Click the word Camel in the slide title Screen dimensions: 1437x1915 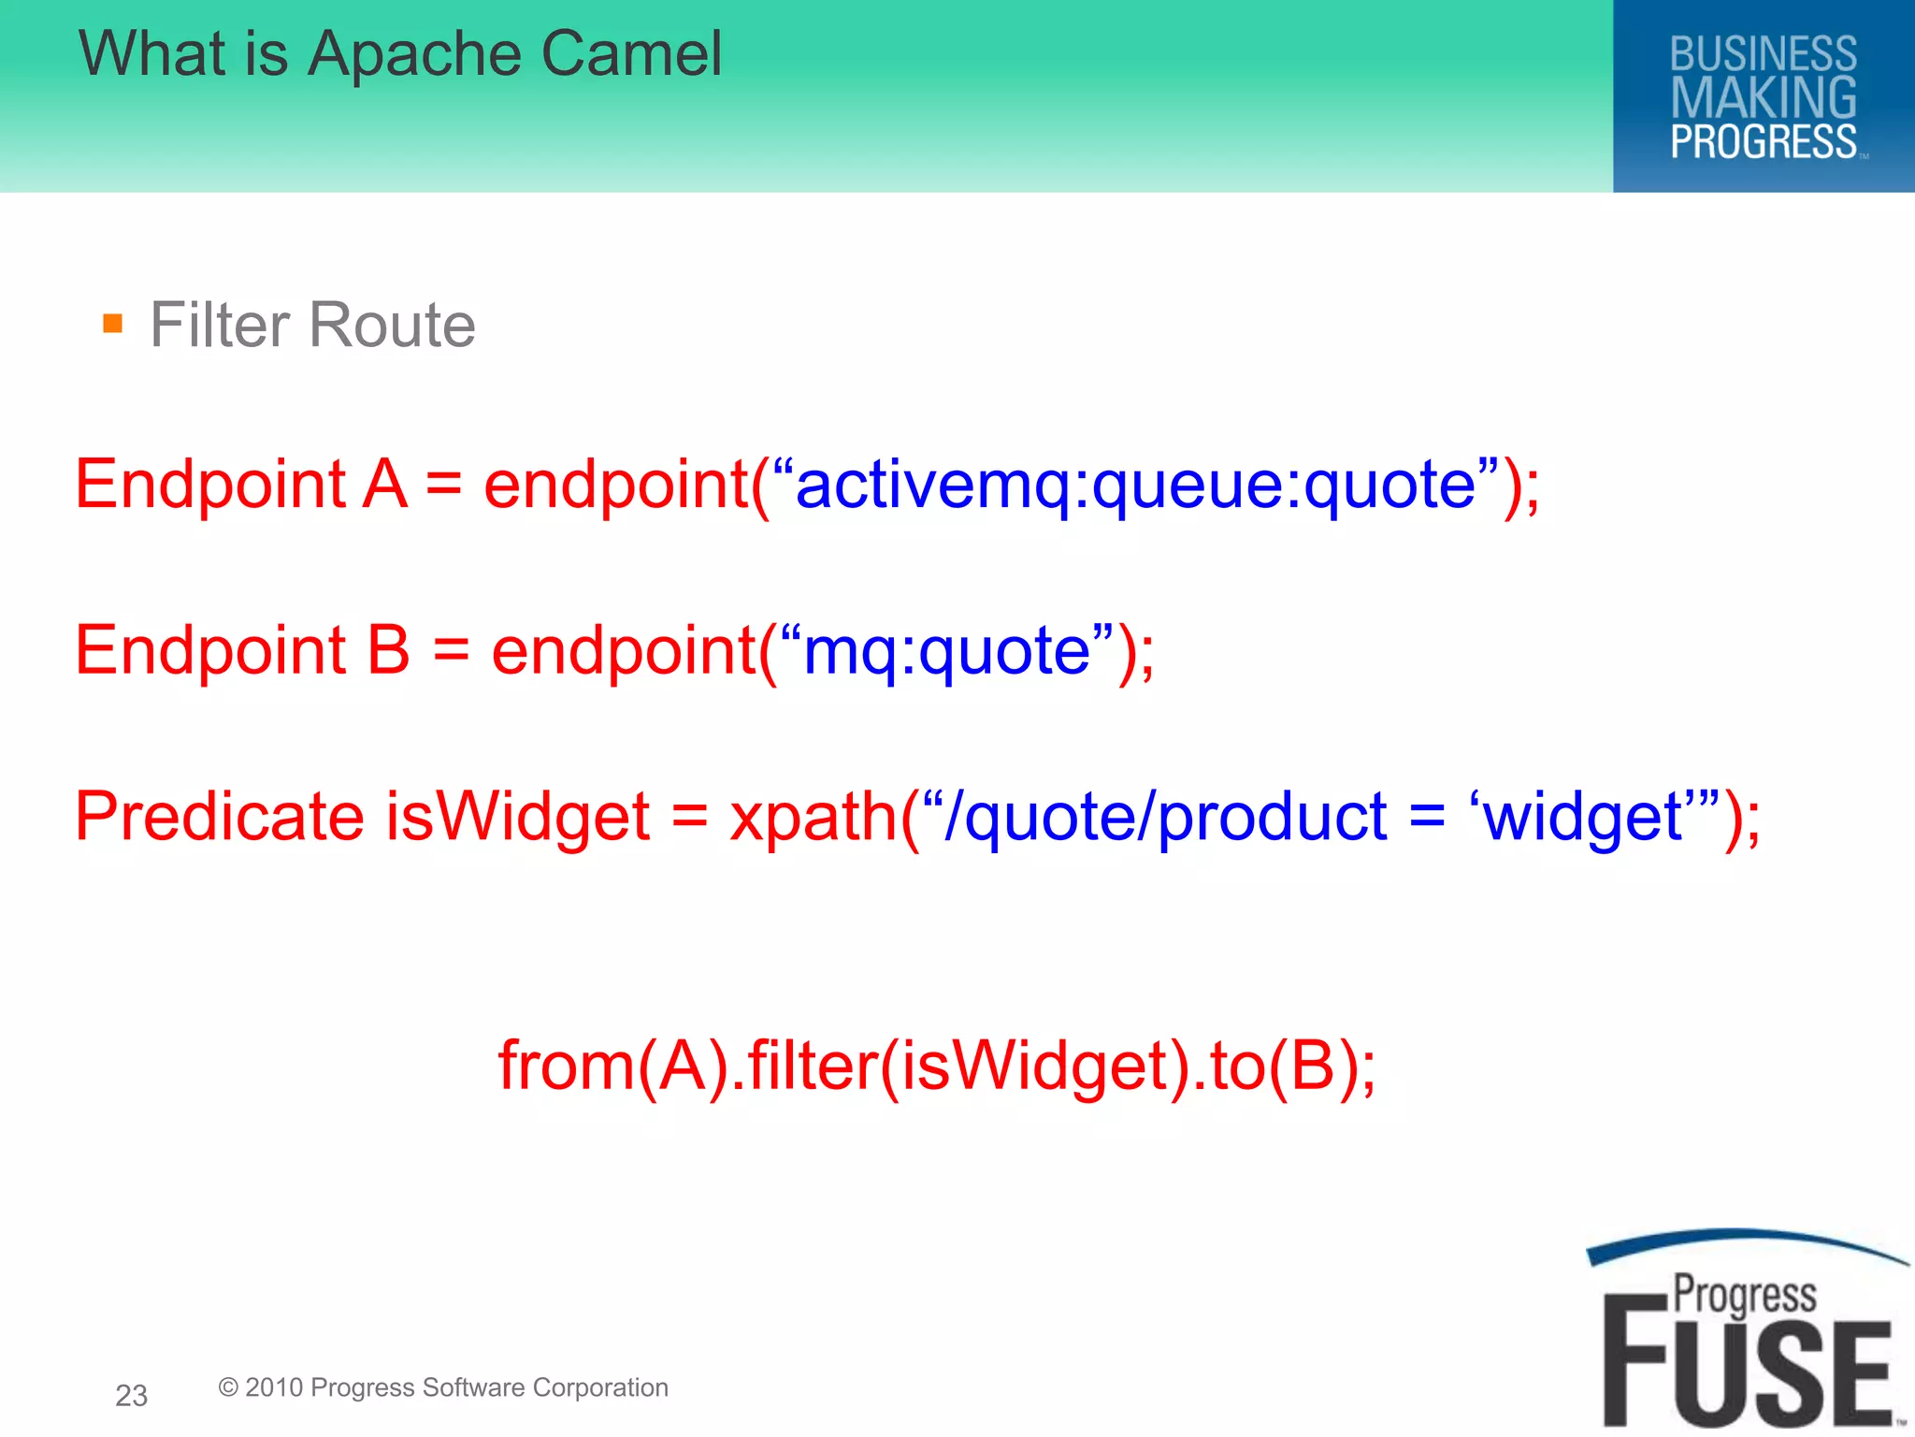pos(631,53)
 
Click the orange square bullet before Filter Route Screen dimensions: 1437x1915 pos(113,325)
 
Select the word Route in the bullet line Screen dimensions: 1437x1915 pos(392,325)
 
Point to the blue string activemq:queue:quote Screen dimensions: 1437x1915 pos(1135,485)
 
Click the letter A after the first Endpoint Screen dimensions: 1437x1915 pos(385,485)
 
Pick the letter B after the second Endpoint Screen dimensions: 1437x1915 pos(388,650)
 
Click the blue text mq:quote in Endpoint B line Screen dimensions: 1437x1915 pos(946,650)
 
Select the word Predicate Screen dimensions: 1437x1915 pos(219,816)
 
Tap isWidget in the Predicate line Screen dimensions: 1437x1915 pos(517,816)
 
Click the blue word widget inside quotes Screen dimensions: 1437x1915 pos(1583,816)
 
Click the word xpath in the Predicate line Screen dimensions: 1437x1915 pos(814,816)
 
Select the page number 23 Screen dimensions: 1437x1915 pos(131,1395)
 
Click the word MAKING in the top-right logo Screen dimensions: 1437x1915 pos(1763,98)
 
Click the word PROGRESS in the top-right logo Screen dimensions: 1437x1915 pos(1763,142)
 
